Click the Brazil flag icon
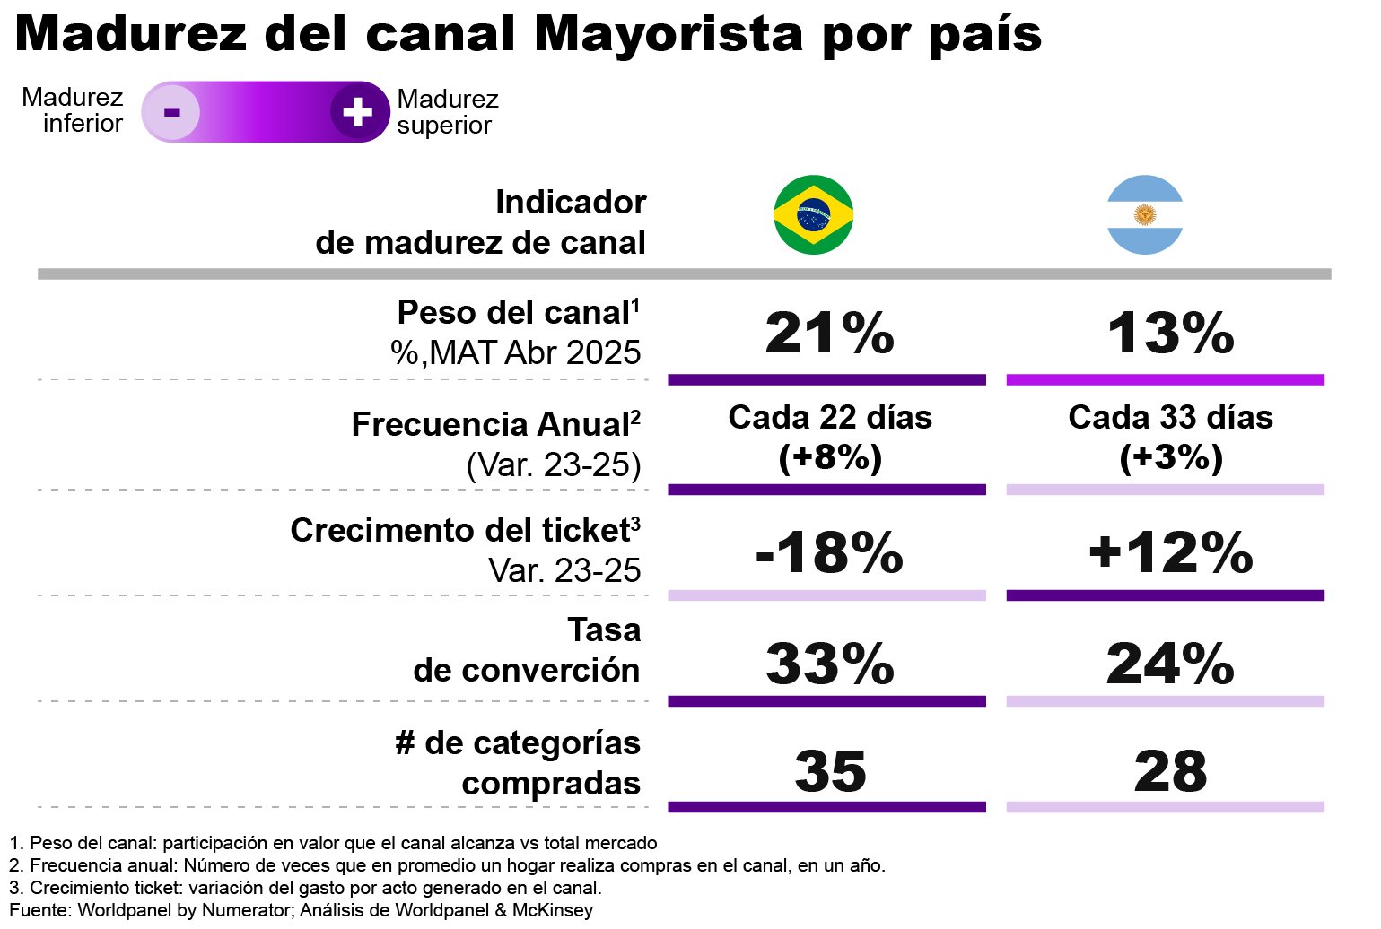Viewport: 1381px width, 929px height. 813,215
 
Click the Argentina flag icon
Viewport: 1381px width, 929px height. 1145,215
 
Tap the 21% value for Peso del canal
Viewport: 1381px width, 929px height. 829,334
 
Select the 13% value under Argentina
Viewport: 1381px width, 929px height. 1170,334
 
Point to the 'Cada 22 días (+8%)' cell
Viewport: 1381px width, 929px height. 829,438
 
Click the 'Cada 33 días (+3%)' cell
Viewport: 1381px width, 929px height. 1170,438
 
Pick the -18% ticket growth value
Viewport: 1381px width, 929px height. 829,552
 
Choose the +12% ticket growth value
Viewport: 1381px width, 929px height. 1170,552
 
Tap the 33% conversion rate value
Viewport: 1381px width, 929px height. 829,664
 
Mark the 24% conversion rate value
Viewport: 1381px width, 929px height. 1170,664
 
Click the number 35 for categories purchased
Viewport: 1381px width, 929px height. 830,772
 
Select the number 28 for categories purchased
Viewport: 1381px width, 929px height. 1170,772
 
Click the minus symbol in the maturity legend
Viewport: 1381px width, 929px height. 171,112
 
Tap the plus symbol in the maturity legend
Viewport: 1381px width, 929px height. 358,112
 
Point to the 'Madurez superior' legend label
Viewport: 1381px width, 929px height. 447,112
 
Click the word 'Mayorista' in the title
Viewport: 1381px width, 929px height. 669,34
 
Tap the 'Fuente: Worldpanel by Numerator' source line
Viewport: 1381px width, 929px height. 301,911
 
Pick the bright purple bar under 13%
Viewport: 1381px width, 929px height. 1165,380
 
